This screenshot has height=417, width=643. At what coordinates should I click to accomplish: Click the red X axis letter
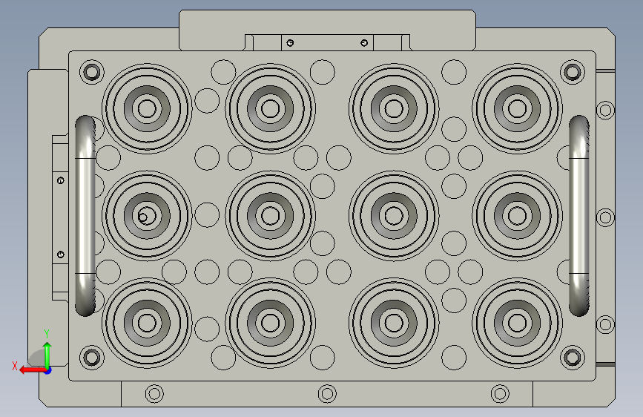coord(15,366)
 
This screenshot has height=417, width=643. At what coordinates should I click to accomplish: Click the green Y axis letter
coord(47,333)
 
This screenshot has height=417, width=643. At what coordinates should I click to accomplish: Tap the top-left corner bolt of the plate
coord(91,72)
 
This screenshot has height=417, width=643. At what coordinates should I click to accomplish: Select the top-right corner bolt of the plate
coord(572,72)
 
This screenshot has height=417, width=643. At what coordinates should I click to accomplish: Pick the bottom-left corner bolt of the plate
coord(91,358)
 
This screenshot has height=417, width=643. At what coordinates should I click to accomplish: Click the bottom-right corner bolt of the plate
coord(572,358)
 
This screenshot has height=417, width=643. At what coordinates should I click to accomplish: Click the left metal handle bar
coord(85,216)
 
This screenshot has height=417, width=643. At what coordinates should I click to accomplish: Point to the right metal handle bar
coord(579,216)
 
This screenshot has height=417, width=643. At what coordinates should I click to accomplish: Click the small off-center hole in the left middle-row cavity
coord(142,217)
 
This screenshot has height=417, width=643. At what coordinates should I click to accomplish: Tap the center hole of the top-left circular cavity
coord(147,109)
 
